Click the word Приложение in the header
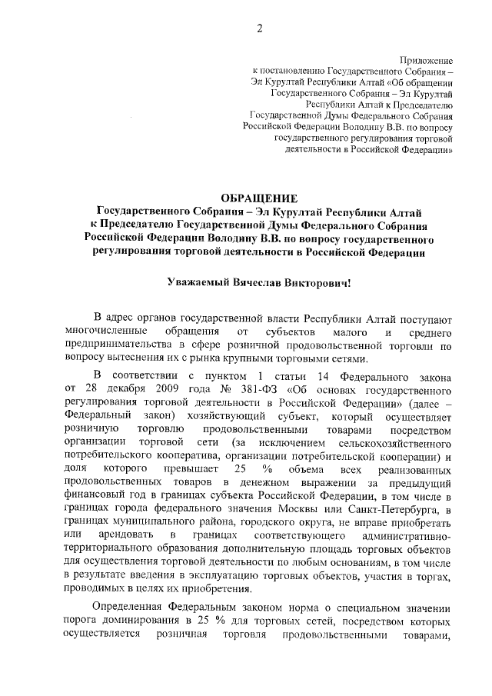427,59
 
